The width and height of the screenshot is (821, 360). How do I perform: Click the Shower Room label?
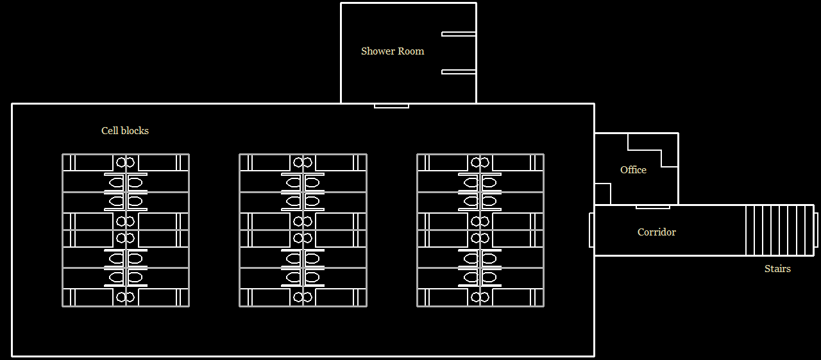point(393,51)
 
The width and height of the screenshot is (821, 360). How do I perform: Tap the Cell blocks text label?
point(125,131)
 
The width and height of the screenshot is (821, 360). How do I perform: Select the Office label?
point(633,170)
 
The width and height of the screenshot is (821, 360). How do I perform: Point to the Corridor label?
point(656,232)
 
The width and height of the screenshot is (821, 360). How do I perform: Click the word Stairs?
point(777,269)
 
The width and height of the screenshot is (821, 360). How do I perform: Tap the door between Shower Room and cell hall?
point(391,105)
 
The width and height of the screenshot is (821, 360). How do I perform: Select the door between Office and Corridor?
point(652,207)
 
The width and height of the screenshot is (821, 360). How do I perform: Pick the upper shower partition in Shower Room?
point(459,34)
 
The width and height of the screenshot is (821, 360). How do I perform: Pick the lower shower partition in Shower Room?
point(459,72)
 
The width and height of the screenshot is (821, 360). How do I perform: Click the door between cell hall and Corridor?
point(591,230)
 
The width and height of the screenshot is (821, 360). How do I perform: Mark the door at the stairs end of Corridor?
point(816,230)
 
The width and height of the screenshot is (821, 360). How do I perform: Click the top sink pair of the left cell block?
point(126,162)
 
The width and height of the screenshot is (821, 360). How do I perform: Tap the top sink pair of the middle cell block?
point(303,162)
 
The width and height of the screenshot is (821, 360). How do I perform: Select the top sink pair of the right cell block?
point(480,162)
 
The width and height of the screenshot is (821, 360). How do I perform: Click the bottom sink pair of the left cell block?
point(126,297)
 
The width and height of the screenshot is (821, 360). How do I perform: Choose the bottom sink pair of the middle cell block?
point(303,297)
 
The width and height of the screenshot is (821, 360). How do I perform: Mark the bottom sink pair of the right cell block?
point(480,297)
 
